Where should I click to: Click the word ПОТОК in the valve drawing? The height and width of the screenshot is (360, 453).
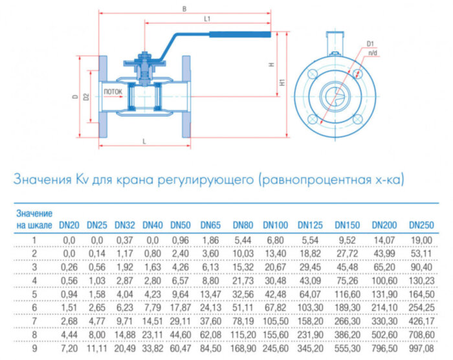pyautogui.click(x=113, y=92)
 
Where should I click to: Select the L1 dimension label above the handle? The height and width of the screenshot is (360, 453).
pyautogui.click(x=207, y=19)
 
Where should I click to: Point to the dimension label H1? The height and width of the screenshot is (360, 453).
pyautogui.click(x=283, y=83)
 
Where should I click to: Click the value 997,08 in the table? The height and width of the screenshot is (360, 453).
pyautogui.click(x=421, y=347)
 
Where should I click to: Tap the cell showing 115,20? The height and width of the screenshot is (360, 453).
pyautogui.click(x=243, y=333)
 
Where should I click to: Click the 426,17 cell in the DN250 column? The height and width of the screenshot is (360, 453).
pyautogui.click(x=421, y=320)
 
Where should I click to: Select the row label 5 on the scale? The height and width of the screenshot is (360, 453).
pyautogui.click(x=34, y=293)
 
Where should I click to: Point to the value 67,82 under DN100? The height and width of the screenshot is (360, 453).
pyautogui.click(x=275, y=306)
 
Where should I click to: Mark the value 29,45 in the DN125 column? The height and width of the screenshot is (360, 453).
pyautogui.click(x=310, y=265)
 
